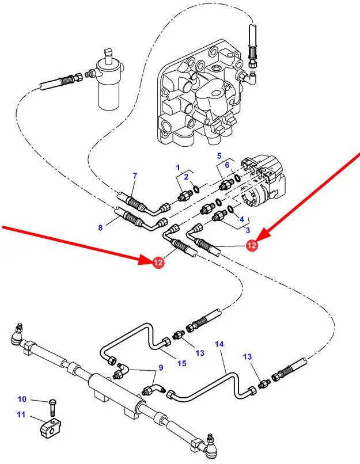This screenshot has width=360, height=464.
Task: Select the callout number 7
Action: pos(135,175)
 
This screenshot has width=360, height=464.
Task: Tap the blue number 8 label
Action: pos(100,227)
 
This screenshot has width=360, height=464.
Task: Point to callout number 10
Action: pos(22,399)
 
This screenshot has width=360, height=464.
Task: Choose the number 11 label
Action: pos(22,414)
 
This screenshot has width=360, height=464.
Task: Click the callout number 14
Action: pos(219,344)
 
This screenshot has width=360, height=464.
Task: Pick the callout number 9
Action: pos(161,368)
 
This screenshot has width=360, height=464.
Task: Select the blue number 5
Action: pos(219,155)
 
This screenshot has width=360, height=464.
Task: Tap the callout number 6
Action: pos(227,165)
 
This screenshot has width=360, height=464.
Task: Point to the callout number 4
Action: pos(241,219)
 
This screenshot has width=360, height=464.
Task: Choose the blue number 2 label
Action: pos(186,177)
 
